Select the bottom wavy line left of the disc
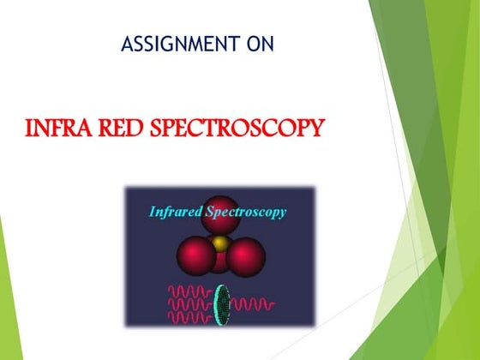[x=189, y=317]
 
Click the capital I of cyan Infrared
[x=152, y=210]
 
